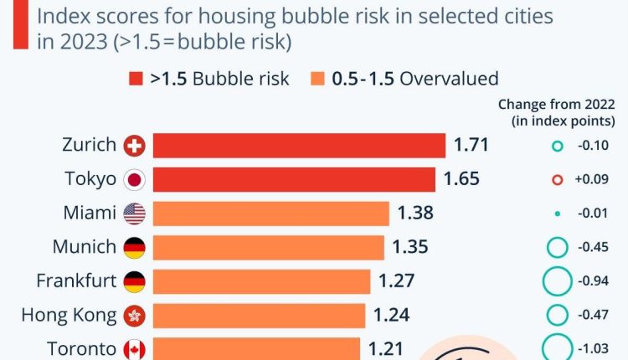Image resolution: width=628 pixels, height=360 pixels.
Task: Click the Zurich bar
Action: tap(299, 146)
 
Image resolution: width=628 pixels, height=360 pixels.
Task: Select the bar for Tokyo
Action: tap(294, 179)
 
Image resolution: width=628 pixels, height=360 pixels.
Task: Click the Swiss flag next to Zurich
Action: tap(134, 146)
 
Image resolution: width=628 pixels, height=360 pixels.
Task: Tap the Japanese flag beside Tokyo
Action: tap(134, 179)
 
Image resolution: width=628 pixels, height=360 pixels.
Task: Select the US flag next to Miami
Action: tap(134, 213)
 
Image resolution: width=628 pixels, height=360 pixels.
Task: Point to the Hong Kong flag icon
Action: tap(134, 315)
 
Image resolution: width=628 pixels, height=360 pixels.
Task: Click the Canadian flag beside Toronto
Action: tap(134, 348)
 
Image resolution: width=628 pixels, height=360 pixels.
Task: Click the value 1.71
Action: tap(471, 146)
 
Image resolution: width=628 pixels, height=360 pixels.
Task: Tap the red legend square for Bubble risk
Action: tap(136, 80)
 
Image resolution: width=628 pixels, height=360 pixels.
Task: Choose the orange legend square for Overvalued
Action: tap(317, 80)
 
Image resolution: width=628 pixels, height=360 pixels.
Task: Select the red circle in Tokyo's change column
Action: tap(557, 179)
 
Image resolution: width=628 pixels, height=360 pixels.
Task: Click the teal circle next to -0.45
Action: tap(557, 247)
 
